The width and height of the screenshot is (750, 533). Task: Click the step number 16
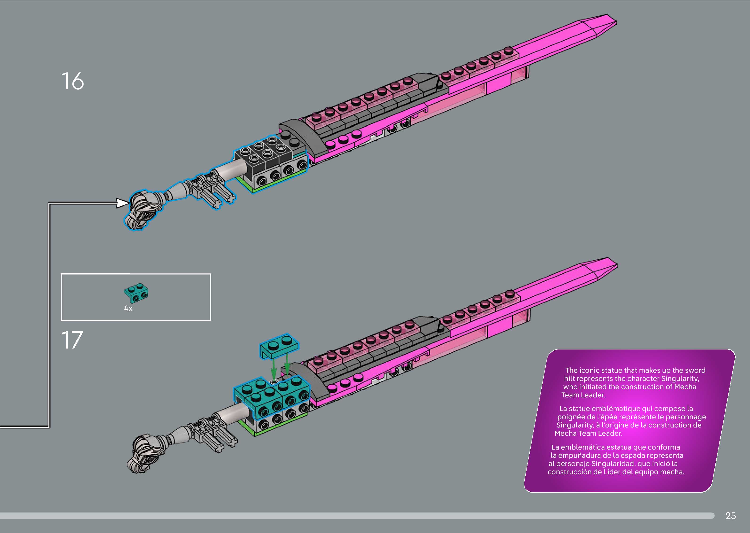73,81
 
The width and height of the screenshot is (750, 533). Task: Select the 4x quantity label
128,309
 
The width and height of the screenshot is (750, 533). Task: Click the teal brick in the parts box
136,292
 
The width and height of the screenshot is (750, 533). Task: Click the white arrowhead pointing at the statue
123,203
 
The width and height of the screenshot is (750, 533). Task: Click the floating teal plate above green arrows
279,345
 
